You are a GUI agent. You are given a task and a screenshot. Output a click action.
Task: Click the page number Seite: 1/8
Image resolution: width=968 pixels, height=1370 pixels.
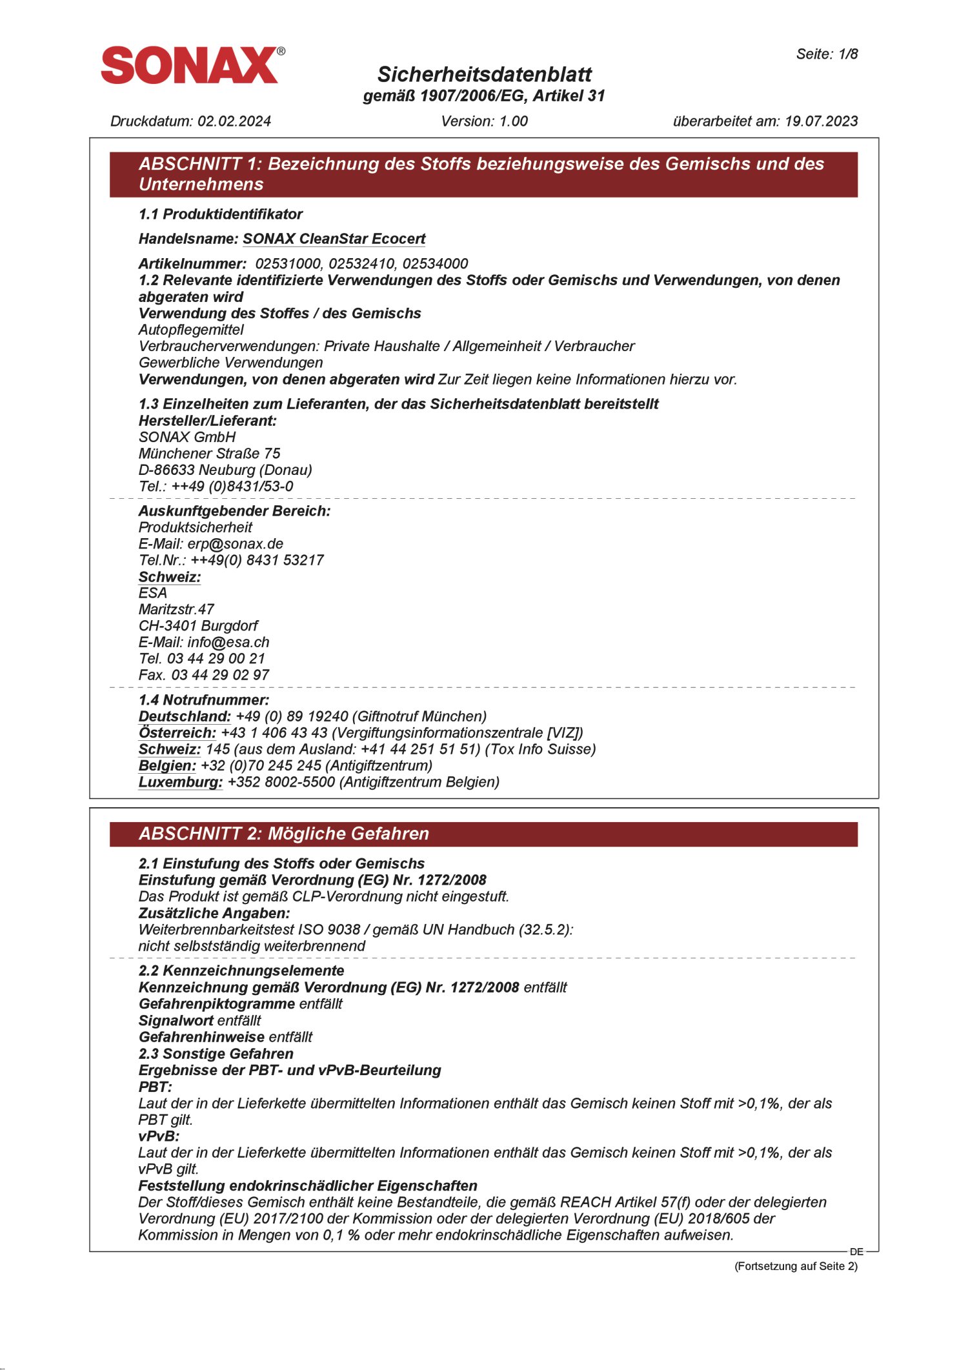point(826,54)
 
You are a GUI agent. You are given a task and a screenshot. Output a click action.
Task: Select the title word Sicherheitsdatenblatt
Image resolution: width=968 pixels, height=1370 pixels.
point(484,74)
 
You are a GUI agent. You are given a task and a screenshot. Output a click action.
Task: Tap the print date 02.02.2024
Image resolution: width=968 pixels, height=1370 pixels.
point(234,121)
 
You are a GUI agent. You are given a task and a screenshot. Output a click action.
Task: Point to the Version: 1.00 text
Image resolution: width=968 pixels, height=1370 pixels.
point(484,121)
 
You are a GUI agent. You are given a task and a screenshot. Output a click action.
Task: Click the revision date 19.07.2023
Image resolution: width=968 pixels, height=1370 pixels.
point(821,121)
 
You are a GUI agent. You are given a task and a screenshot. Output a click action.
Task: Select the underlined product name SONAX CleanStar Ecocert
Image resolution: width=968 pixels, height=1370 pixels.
point(334,239)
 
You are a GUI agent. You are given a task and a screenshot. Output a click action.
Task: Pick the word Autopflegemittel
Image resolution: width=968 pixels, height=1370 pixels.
point(191,330)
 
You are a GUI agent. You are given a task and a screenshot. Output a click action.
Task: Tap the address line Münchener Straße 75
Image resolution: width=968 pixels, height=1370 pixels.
point(209,454)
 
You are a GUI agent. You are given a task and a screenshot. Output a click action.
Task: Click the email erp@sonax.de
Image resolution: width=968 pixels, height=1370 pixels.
point(235,544)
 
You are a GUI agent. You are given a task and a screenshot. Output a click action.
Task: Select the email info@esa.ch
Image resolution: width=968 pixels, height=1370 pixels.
point(228,643)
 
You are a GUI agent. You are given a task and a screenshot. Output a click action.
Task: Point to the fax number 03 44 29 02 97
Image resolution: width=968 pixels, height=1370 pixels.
point(219,676)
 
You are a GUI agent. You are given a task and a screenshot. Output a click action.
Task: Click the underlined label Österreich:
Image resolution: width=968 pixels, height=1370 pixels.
point(177,733)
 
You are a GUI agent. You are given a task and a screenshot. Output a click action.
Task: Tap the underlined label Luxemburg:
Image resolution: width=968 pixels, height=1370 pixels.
point(180,783)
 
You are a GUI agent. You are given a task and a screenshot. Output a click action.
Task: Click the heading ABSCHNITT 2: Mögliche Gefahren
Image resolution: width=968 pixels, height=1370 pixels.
point(284,834)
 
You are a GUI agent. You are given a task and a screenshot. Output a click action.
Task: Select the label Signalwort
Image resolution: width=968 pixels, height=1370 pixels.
point(176,1021)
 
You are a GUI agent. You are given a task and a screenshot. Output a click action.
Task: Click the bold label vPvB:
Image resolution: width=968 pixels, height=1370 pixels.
point(159,1136)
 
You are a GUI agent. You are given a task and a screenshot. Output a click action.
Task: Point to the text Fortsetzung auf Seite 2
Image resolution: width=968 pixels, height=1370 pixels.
point(796,1266)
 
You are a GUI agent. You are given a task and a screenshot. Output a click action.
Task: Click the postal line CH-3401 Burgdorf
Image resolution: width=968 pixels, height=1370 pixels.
point(198,626)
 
